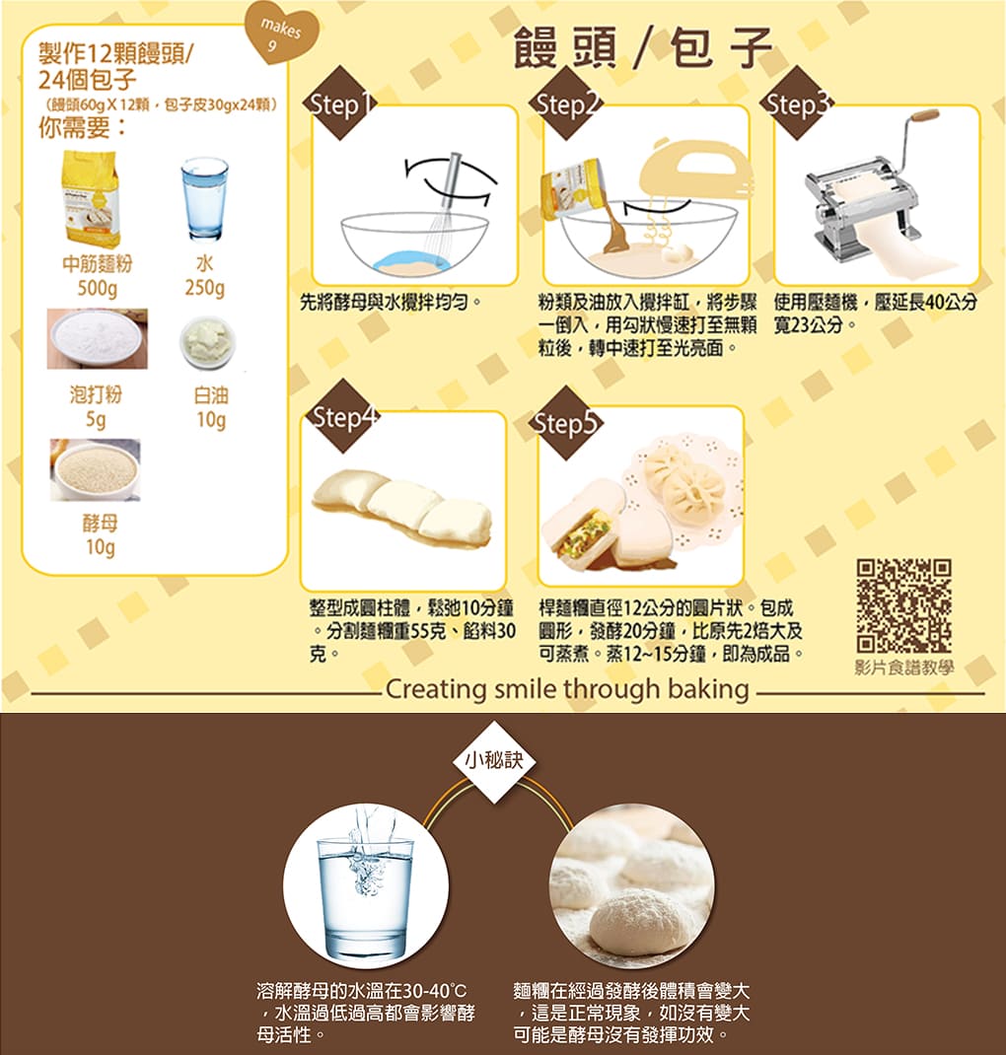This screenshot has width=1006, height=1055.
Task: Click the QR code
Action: click(903, 604)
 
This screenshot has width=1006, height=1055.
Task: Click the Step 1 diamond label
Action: click(340, 103)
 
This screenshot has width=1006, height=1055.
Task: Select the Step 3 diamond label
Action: click(797, 103)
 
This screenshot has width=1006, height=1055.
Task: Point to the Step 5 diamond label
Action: click(565, 423)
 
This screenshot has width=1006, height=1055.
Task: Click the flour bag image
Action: click(91, 198)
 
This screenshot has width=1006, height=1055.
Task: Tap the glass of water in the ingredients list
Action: click(204, 198)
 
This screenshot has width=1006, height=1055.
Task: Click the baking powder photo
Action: click(97, 339)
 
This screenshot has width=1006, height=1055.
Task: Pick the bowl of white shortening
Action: click(208, 342)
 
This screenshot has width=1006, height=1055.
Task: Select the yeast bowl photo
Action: click(95, 469)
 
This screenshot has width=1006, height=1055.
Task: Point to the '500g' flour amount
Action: click(97, 289)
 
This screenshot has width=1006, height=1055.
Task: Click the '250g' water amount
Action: click(204, 288)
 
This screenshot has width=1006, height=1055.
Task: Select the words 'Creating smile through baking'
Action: click(567, 689)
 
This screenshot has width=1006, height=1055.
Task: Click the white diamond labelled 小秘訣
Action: click(494, 761)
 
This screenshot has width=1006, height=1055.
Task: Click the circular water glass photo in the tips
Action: click(365, 886)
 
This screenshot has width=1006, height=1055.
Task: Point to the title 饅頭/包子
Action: click(643, 47)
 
